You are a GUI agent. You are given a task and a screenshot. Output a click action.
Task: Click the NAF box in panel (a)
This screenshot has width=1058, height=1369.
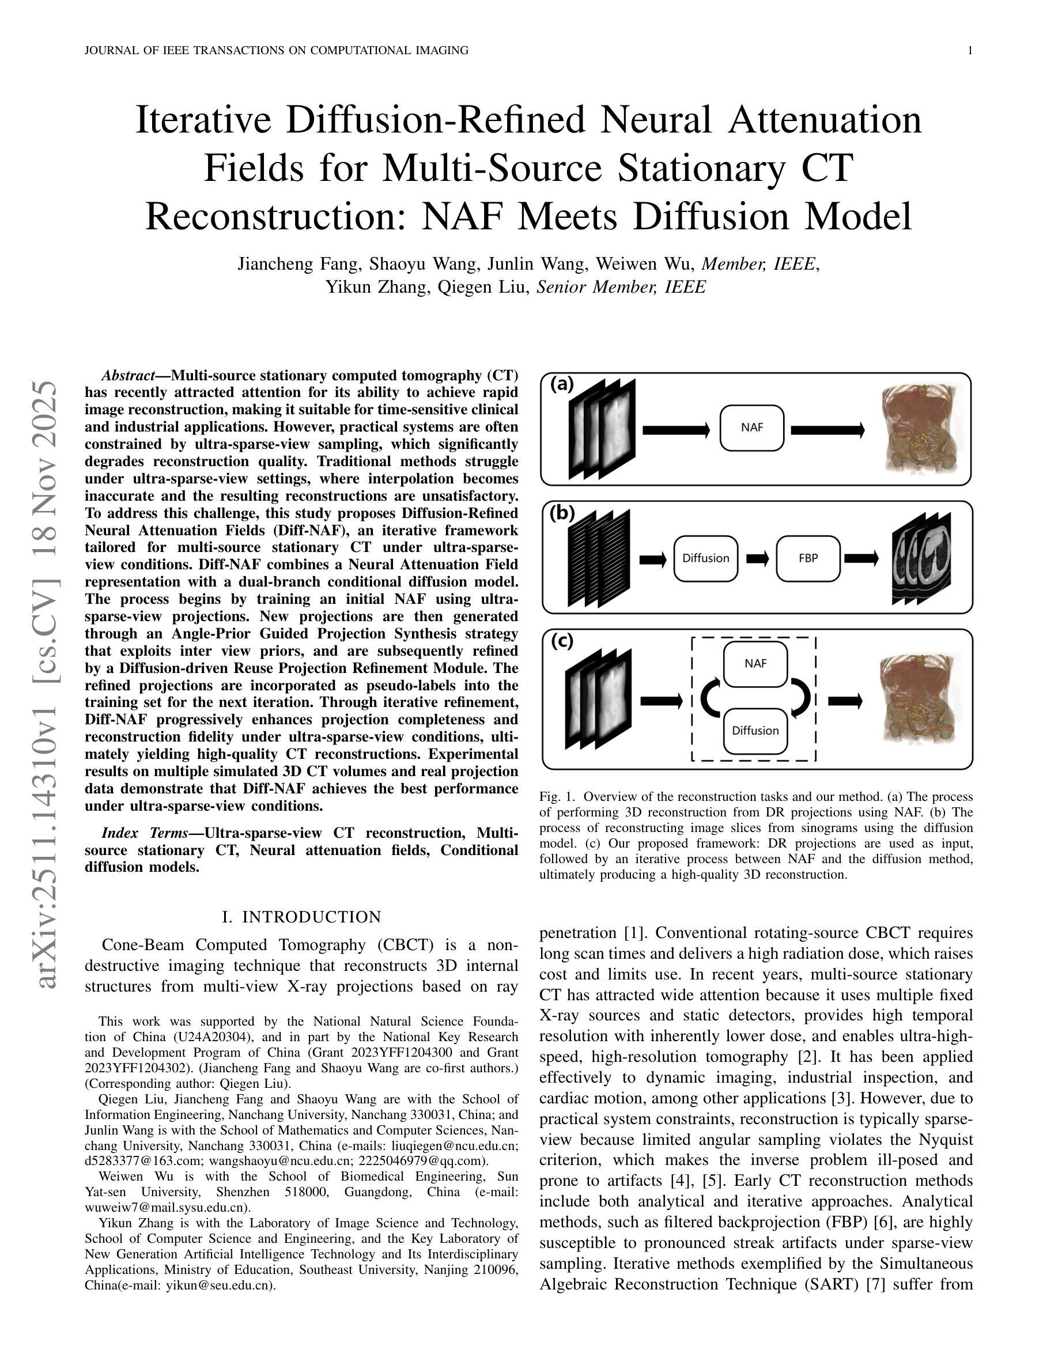pyautogui.click(x=751, y=428)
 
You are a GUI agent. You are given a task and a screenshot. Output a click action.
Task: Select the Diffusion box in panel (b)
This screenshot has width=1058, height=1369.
pyautogui.click(x=705, y=558)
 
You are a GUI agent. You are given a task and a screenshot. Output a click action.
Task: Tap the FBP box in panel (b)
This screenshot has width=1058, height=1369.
pyautogui.click(x=808, y=558)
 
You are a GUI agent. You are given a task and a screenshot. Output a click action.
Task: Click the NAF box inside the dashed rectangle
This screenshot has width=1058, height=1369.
pyautogui.click(x=755, y=664)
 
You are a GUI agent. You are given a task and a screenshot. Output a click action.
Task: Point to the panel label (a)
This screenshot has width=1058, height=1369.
pyautogui.click(x=562, y=384)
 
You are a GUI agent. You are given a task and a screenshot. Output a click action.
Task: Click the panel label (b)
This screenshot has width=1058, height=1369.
pyautogui.click(x=562, y=513)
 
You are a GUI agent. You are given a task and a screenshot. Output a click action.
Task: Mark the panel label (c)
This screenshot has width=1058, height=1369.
pyautogui.click(x=562, y=641)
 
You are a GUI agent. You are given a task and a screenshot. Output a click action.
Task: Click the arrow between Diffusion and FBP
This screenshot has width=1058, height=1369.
pyautogui.click(x=757, y=558)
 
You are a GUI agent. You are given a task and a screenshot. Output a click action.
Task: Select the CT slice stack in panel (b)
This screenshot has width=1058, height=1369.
pyautogui.click(x=921, y=558)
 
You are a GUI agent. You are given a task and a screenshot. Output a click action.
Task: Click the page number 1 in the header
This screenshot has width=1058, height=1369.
pyautogui.click(x=970, y=51)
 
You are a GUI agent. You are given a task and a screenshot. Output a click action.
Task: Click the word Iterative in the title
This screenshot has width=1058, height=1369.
pyautogui.click(x=203, y=120)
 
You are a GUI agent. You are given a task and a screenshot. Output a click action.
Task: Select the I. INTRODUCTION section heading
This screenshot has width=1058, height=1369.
pyautogui.click(x=301, y=917)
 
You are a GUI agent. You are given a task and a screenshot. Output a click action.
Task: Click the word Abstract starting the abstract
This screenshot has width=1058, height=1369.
pyautogui.click(x=128, y=376)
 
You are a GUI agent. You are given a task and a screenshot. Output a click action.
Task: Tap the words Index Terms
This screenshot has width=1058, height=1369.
pyautogui.click(x=144, y=833)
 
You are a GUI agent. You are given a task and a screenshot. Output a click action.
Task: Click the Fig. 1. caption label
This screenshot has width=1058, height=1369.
pyautogui.click(x=557, y=797)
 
